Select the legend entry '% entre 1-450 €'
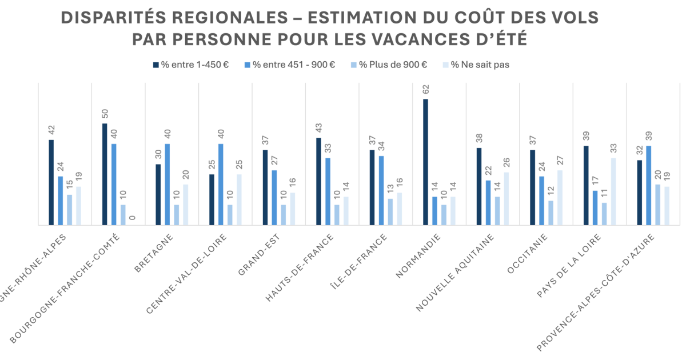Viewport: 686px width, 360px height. (x=191, y=65)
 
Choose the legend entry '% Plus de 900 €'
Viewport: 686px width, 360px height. (x=388, y=65)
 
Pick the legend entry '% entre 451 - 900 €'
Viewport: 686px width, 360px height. (x=289, y=65)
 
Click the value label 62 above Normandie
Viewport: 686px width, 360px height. (x=425, y=89)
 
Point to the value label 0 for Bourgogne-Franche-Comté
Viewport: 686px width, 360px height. (x=133, y=217)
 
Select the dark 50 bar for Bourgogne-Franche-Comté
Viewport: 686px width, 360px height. (x=105, y=174)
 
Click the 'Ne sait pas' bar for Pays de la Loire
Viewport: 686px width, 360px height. (x=613, y=191)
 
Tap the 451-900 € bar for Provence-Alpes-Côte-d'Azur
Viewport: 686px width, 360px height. (x=649, y=185)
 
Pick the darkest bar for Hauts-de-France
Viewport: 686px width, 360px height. (x=318, y=182)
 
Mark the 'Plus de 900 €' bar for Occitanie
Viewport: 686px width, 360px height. (x=551, y=213)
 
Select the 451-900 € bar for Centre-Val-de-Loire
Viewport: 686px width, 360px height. (x=221, y=184)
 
